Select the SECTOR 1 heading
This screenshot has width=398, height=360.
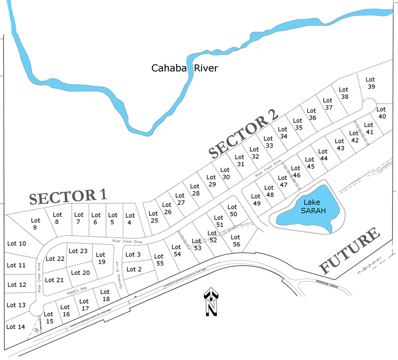pos(68,196)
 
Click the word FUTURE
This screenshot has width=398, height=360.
pos(350,253)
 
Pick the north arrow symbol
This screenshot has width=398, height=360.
pos(211,302)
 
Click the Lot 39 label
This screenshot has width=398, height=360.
pos(370,83)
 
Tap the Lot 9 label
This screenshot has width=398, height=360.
pos(35,224)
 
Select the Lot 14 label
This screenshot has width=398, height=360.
pos(14,327)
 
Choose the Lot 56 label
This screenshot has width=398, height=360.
pos(236,241)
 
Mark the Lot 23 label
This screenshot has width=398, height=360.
pos(78,251)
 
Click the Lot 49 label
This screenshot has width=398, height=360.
pos(256,200)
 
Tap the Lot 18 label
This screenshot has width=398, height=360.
pos(105,295)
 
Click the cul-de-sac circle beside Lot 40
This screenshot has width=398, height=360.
pos(369,104)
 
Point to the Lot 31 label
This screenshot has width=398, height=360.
pos(240,161)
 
